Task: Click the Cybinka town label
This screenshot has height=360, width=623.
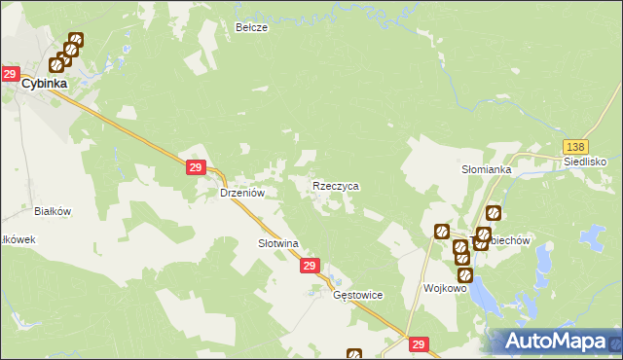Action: (47, 84)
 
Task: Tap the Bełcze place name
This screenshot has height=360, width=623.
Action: (251, 28)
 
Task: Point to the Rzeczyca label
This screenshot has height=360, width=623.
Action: (336, 185)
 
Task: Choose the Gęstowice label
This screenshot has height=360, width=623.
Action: (358, 295)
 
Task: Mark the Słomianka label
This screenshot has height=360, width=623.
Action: (487, 168)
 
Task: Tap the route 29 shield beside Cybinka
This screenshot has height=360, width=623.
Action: (10, 74)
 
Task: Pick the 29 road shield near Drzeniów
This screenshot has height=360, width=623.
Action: (195, 169)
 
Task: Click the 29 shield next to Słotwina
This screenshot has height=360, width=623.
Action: (310, 266)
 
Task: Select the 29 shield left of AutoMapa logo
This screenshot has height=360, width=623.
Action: (419, 344)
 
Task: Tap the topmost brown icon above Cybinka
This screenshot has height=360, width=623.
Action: (76, 41)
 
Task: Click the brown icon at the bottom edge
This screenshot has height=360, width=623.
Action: (354, 355)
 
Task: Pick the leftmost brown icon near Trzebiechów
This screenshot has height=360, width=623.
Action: (441, 231)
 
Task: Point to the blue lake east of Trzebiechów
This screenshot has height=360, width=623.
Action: (588, 236)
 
